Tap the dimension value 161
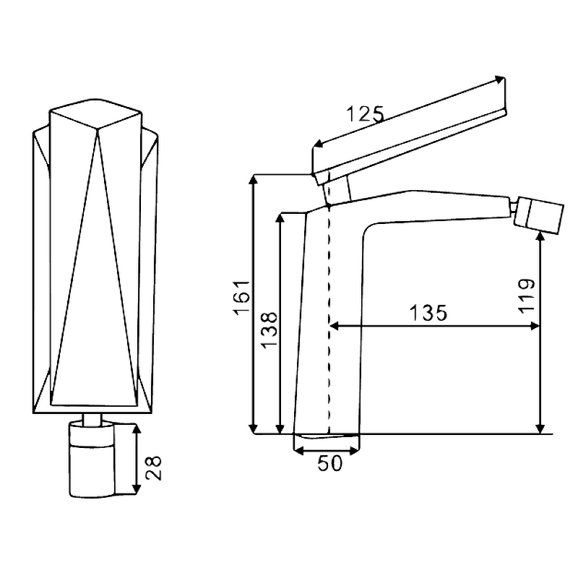coord(241,298)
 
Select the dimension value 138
coord(269,329)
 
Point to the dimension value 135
coord(428,313)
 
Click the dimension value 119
coord(527,296)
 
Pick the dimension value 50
coord(329,463)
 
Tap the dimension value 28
coord(153,468)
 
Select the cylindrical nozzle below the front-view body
coord(92,460)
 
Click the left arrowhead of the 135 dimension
coord(334,326)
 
